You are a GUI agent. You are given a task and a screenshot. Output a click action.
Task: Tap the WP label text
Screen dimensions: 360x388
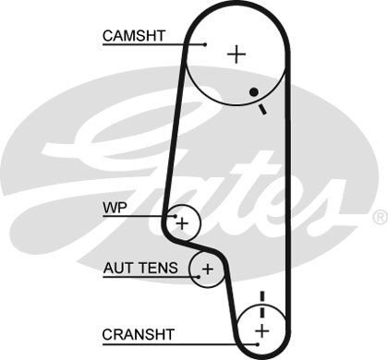[113, 208]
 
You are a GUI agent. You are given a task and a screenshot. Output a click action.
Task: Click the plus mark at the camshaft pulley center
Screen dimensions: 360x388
[237, 54]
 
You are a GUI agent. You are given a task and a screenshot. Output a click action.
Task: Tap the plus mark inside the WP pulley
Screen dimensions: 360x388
[182, 222]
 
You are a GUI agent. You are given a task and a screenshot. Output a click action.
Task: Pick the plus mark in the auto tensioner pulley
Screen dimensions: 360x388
[207, 270]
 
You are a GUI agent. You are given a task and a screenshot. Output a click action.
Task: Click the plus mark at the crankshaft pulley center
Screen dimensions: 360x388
[261, 330]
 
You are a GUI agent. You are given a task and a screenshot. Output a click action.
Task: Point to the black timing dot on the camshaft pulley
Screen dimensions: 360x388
[252, 92]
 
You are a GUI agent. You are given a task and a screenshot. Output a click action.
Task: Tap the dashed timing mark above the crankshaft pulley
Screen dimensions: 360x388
[261, 301]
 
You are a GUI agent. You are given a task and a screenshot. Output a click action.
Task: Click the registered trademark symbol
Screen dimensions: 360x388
[379, 216]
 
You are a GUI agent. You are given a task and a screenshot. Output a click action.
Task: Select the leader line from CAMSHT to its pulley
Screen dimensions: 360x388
[181, 42]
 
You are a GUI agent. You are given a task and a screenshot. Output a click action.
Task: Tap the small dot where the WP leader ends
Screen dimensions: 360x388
[172, 216]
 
